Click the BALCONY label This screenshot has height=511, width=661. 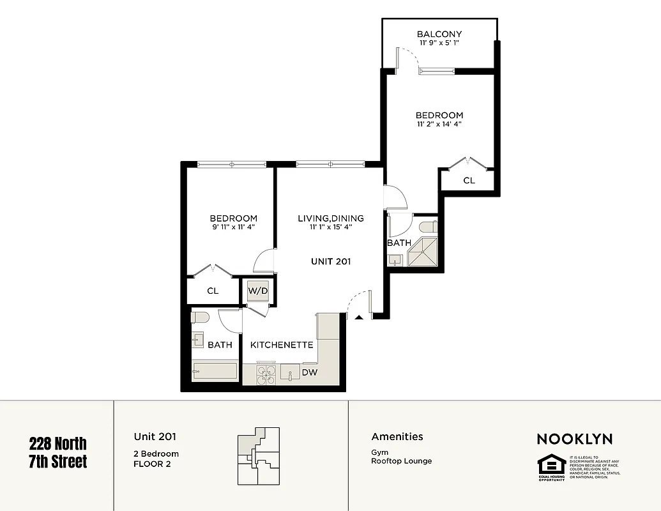(439, 34)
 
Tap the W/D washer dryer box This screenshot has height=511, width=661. (257, 291)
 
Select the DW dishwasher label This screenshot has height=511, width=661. (310, 372)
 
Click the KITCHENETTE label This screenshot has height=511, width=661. (282, 345)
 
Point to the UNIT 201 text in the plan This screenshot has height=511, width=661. (331, 261)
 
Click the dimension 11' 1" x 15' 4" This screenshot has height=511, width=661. (331, 227)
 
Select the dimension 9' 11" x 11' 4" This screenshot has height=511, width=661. (233, 227)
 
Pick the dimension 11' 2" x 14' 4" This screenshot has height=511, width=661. (439, 125)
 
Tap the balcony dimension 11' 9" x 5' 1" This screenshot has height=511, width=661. (439, 43)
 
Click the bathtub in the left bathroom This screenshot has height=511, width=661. (215, 371)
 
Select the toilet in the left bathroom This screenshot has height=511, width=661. (201, 317)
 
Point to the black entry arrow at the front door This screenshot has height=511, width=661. (359, 316)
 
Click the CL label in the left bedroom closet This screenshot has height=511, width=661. (213, 291)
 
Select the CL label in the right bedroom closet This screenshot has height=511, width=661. (469, 181)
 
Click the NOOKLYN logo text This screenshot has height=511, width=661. (574, 439)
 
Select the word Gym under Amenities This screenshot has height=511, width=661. (379, 452)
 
